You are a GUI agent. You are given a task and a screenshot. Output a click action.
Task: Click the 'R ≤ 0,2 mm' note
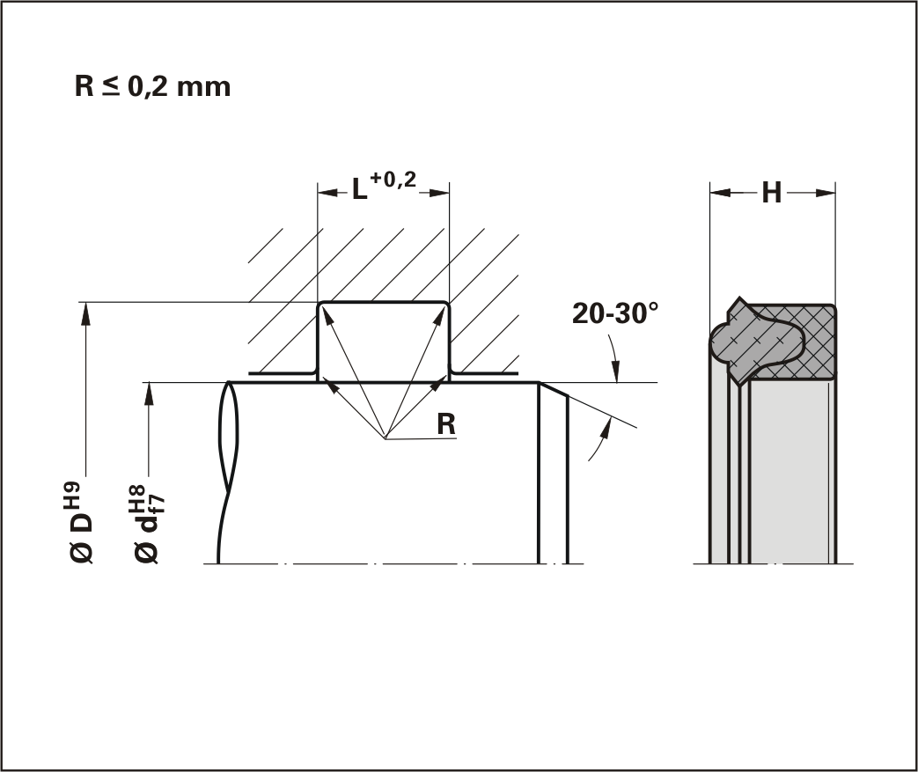152,86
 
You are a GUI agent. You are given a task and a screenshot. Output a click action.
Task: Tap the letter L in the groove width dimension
359,189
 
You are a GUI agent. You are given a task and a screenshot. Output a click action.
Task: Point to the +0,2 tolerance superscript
393,180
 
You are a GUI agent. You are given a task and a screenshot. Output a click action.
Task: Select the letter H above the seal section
772,193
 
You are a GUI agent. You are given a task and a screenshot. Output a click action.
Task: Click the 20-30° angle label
615,313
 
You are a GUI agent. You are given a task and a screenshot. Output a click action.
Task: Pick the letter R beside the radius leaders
446,424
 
